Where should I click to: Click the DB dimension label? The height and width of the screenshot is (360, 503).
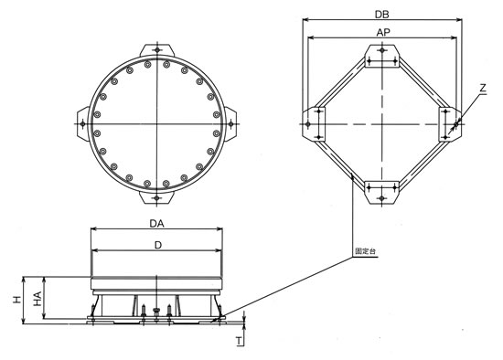point(382,14)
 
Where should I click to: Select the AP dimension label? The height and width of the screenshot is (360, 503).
point(383,32)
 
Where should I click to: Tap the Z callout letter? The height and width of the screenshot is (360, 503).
point(484,88)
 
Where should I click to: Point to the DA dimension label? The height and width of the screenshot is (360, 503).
point(157,224)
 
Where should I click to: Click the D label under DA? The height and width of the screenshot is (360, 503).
point(158,245)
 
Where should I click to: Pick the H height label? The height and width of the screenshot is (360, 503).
point(17,300)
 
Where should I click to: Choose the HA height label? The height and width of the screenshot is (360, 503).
point(37,299)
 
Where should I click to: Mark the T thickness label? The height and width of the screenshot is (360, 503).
point(239,342)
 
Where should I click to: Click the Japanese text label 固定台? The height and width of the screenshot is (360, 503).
point(365,251)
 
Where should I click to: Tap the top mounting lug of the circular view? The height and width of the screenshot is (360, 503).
point(157,50)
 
